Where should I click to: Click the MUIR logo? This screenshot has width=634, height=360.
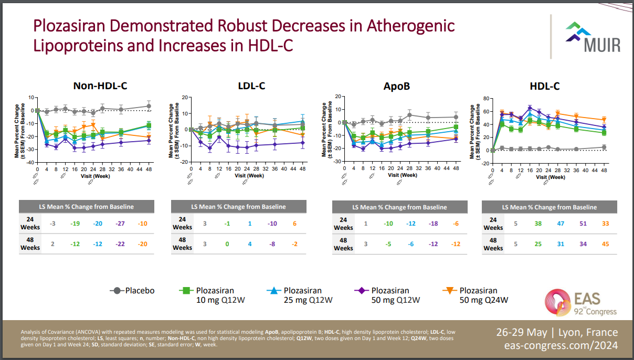593,37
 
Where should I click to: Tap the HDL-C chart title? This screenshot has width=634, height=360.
545,86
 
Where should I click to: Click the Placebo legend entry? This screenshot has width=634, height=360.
132,291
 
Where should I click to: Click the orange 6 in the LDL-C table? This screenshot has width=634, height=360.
295,224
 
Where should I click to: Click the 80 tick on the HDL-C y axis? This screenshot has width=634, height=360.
486,98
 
